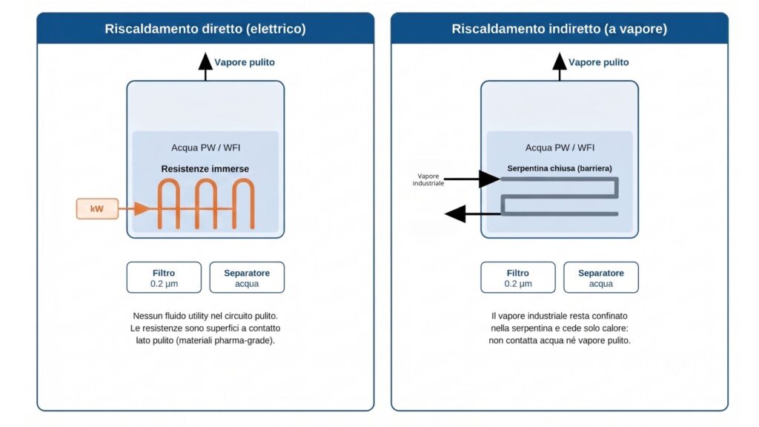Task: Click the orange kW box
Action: pos(97,208)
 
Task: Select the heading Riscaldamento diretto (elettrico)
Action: pos(205,29)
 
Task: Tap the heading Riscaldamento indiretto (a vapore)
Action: pos(559,29)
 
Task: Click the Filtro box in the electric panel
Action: pos(164,277)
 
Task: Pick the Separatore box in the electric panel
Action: pos(247,277)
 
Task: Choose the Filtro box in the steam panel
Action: pos(518,277)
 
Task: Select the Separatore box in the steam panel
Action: pos(600,277)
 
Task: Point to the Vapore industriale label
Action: pos(428,179)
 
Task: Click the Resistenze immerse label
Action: pos(205,169)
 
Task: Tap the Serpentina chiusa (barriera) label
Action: pos(560,168)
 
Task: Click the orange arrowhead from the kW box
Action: pos(142,208)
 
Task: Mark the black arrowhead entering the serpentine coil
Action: pos(489,179)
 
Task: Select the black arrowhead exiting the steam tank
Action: pos(455,213)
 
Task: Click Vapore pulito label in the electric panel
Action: pos(245,62)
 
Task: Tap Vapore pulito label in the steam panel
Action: pos(598,62)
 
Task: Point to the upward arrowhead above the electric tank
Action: pos(205,61)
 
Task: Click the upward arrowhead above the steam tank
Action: pos(559,61)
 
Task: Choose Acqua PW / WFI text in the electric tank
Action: pos(206,148)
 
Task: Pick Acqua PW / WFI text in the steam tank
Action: pos(560,148)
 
